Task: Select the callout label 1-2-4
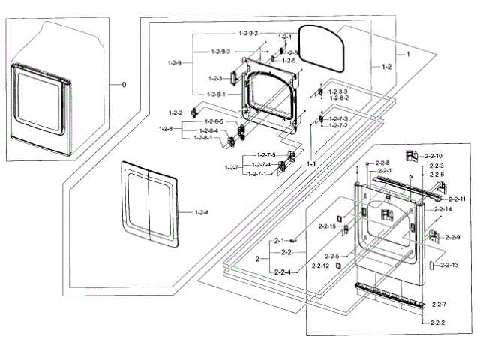click(x=201, y=213)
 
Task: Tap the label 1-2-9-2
click(x=248, y=34)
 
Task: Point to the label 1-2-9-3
click(x=220, y=51)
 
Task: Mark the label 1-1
click(x=310, y=163)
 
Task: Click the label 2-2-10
click(x=433, y=155)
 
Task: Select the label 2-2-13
click(x=449, y=265)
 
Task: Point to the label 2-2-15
click(x=328, y=226)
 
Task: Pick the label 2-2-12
click(x=320, y=265)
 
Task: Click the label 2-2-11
click(x=457, y=199)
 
